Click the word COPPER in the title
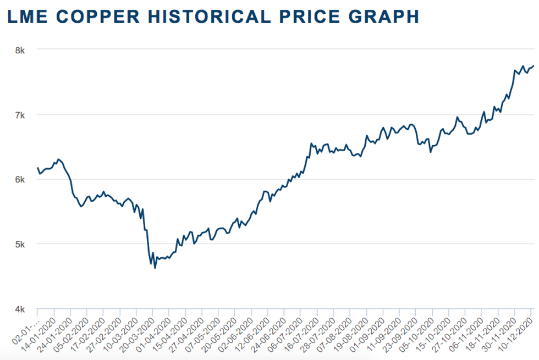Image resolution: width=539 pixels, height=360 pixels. click(105, 16)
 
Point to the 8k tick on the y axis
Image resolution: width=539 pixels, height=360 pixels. click(20, 50)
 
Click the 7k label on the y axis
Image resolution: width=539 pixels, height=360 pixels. click(20, 115)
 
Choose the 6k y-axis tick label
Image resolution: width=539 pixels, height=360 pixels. click(20, 180)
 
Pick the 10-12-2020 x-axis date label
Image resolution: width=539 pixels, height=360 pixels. click(517, 332)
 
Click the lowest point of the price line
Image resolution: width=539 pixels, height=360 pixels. click(155, 268)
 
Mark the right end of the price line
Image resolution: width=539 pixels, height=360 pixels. click(533, 66)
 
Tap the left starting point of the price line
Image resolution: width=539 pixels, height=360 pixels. click(37, 168)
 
